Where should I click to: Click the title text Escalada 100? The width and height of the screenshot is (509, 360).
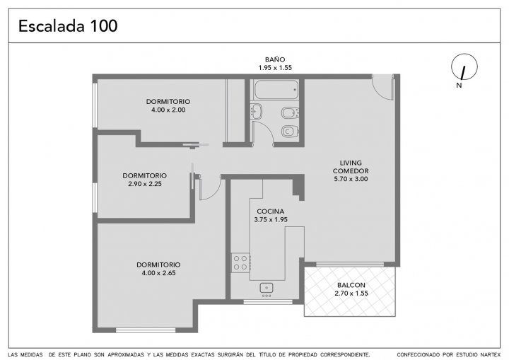(68, 26)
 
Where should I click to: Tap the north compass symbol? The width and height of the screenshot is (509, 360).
(464, 67)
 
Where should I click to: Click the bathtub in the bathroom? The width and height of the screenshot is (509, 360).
(276, 90)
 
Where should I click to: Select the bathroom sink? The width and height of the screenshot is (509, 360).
(256, 112)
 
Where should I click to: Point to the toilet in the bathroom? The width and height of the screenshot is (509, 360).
(290, 132)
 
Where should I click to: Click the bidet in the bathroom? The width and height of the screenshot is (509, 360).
(290, 112)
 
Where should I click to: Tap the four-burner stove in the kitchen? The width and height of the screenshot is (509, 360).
(240, 263)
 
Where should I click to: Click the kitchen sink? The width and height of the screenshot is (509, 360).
(267, 288)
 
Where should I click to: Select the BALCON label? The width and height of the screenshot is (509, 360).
(351, 285)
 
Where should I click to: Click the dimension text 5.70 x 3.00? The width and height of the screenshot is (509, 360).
(351, 179)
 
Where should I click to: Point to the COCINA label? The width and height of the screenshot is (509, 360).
(270, 211)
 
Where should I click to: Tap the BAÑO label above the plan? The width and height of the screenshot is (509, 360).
(275, 59)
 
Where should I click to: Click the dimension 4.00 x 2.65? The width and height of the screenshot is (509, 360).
(158, 273)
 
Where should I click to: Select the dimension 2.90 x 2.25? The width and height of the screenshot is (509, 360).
(145, 184)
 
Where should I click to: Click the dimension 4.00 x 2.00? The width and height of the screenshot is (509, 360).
(168, 110)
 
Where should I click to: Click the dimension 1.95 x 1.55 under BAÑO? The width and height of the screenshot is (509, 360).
(275, 68)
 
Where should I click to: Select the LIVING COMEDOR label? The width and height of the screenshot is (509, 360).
(351, 167)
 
